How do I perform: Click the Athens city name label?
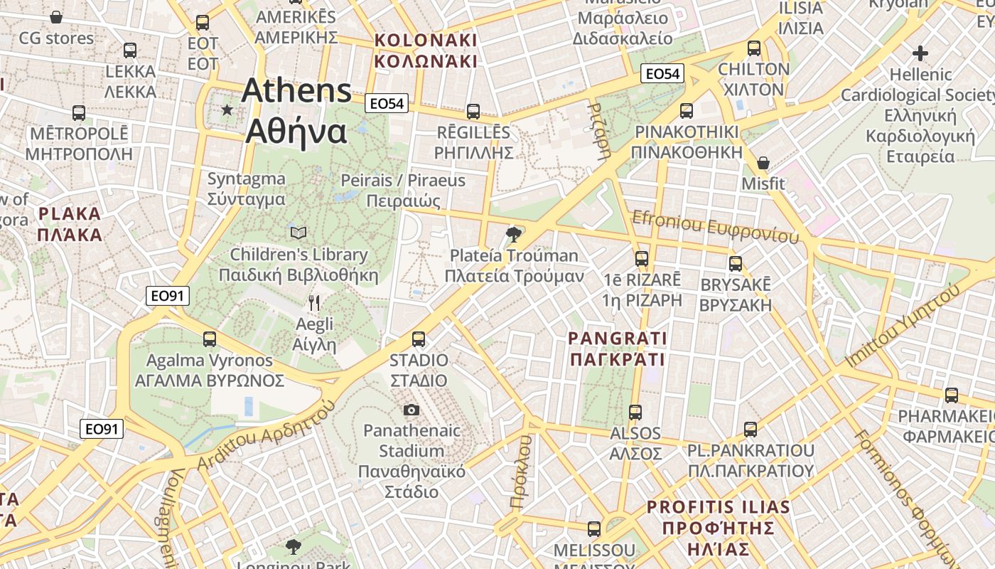[297, 111]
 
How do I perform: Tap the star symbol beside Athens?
[227, 110]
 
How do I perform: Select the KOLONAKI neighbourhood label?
[426, 50]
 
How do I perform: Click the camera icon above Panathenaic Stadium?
[411, 410]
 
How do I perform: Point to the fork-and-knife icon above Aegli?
[314, 303]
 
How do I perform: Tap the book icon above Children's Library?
[298, 233]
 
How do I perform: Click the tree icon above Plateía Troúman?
[512, 234]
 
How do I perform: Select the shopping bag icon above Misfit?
[763, 163]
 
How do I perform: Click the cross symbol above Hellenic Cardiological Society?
[920, 53]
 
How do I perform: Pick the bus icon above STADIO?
[419, 339]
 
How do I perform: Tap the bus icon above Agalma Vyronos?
[209, 339]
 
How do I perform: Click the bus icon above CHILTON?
[754, 48]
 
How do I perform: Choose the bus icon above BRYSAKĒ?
[736, 263]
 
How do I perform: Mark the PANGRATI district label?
[618, 349]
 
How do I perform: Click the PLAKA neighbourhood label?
[70, 223]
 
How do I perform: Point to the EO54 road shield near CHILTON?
[662, 73]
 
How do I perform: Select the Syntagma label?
[246, 189]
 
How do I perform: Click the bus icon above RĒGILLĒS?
[473, 112]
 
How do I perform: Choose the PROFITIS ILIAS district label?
[718, 528]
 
